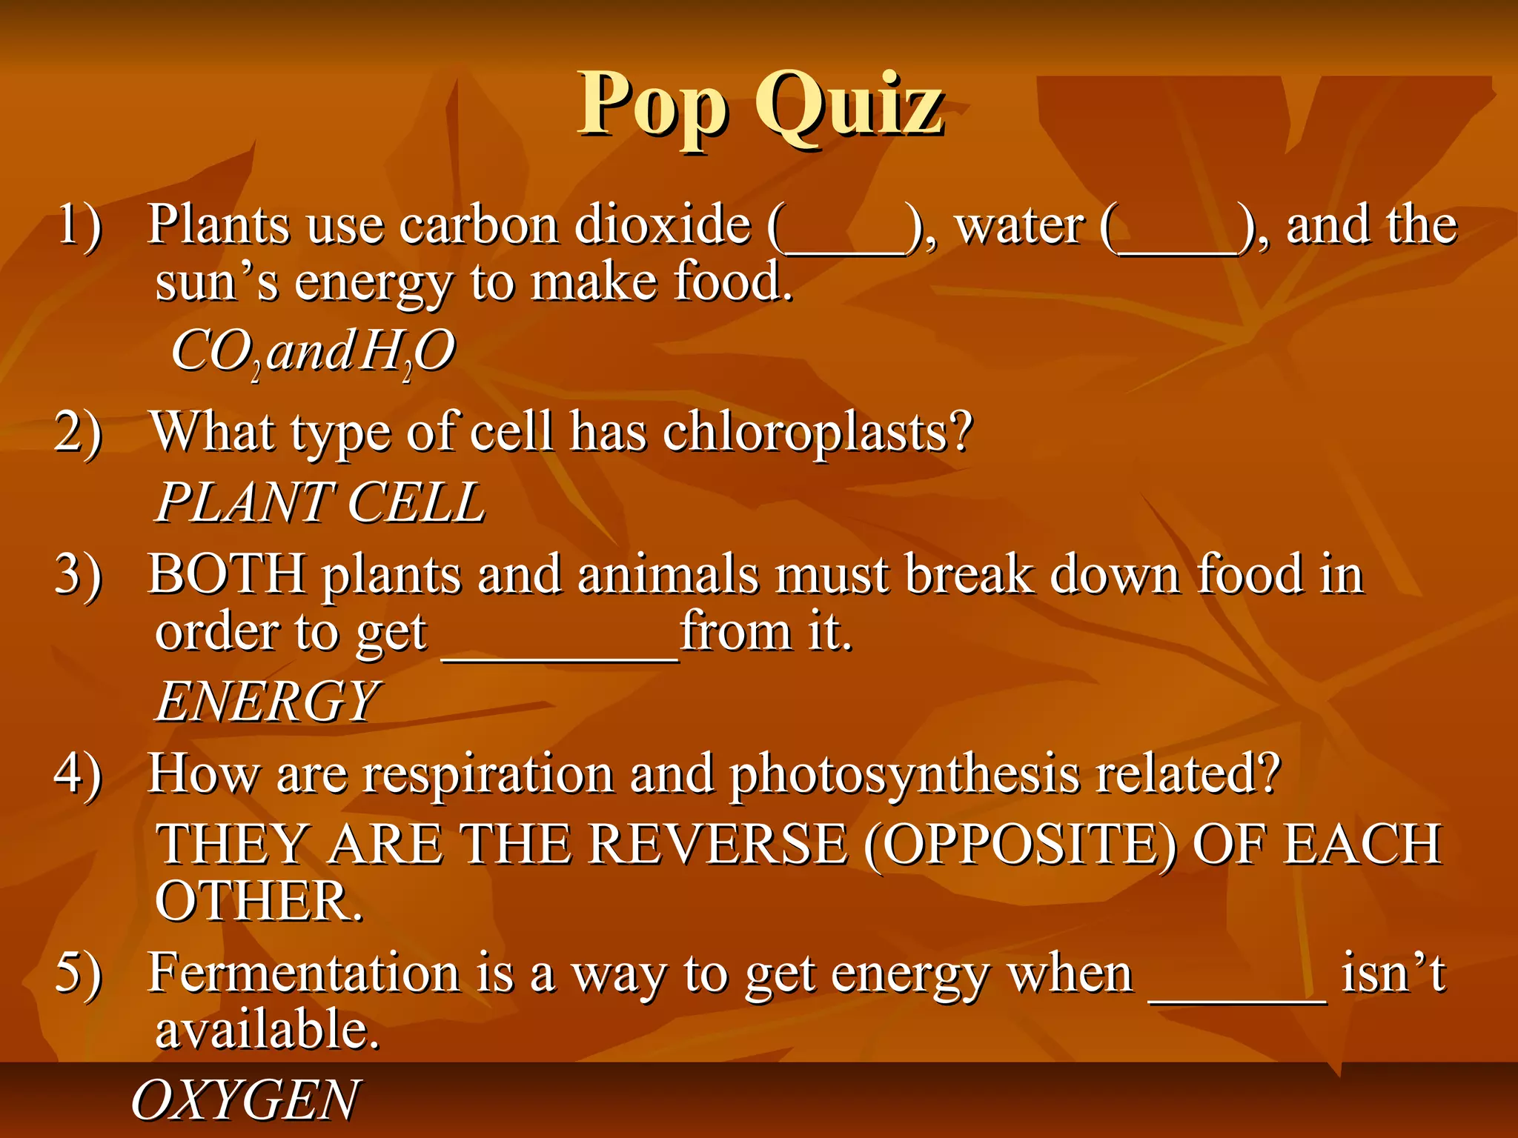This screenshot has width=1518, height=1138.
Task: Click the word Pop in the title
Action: (652, 105)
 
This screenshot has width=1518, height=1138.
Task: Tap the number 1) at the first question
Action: (79, 224)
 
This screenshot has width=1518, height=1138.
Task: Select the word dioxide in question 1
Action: (663, 224)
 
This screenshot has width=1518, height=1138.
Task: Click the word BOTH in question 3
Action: (226, 574)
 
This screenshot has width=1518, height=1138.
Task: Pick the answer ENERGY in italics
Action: (267, 701)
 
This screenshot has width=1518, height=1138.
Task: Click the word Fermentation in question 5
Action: (304, 973)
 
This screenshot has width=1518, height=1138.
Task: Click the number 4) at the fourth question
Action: (79, 774)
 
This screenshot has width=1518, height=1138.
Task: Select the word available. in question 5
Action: (267, 1030)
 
